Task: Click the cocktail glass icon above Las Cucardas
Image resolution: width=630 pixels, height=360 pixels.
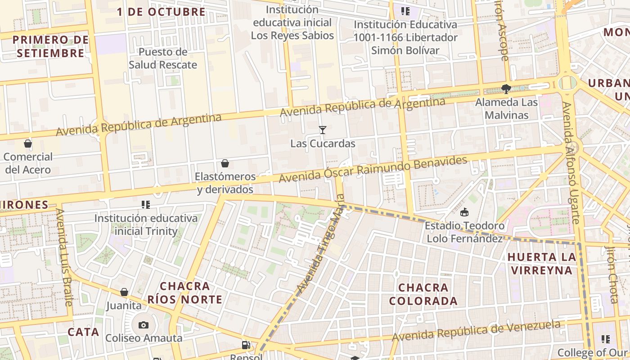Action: click(x=322, y=130)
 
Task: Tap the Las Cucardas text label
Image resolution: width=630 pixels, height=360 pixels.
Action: click(x=323, y=144)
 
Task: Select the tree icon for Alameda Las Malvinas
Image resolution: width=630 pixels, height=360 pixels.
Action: click(x=506, y=89)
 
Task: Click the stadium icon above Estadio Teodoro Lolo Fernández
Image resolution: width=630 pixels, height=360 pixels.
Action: click(x=464, y=212)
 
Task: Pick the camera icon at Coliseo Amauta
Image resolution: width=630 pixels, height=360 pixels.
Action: click(x=143, y=325)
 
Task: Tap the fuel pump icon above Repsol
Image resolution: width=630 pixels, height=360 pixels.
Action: click(x=246, y=345)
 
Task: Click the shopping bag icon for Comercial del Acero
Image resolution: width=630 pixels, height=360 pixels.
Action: click(x=28, y=144)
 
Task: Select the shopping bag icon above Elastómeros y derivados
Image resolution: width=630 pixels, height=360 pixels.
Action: click(x=225, y=163)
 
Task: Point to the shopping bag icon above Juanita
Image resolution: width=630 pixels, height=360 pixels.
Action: click(x=124, y=292)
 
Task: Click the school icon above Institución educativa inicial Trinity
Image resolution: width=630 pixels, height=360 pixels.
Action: click(x=145, y=205)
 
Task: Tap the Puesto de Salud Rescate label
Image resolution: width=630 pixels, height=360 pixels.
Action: click(x=163, y=58)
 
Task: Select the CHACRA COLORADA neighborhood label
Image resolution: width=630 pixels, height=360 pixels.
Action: click(x=423, y=294)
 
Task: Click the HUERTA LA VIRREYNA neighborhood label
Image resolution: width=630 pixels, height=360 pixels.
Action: click(x=542, y=264)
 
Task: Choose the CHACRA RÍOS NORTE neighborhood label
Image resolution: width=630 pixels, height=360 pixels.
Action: click(x=185, y=293)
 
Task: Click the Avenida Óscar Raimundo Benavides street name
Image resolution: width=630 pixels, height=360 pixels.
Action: click(x=373, y=170)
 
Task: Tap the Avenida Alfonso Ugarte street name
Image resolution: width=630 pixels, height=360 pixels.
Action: click(x=571, y=162)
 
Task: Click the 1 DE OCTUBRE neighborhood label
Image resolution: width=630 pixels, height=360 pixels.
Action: click(x=161, y=12)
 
